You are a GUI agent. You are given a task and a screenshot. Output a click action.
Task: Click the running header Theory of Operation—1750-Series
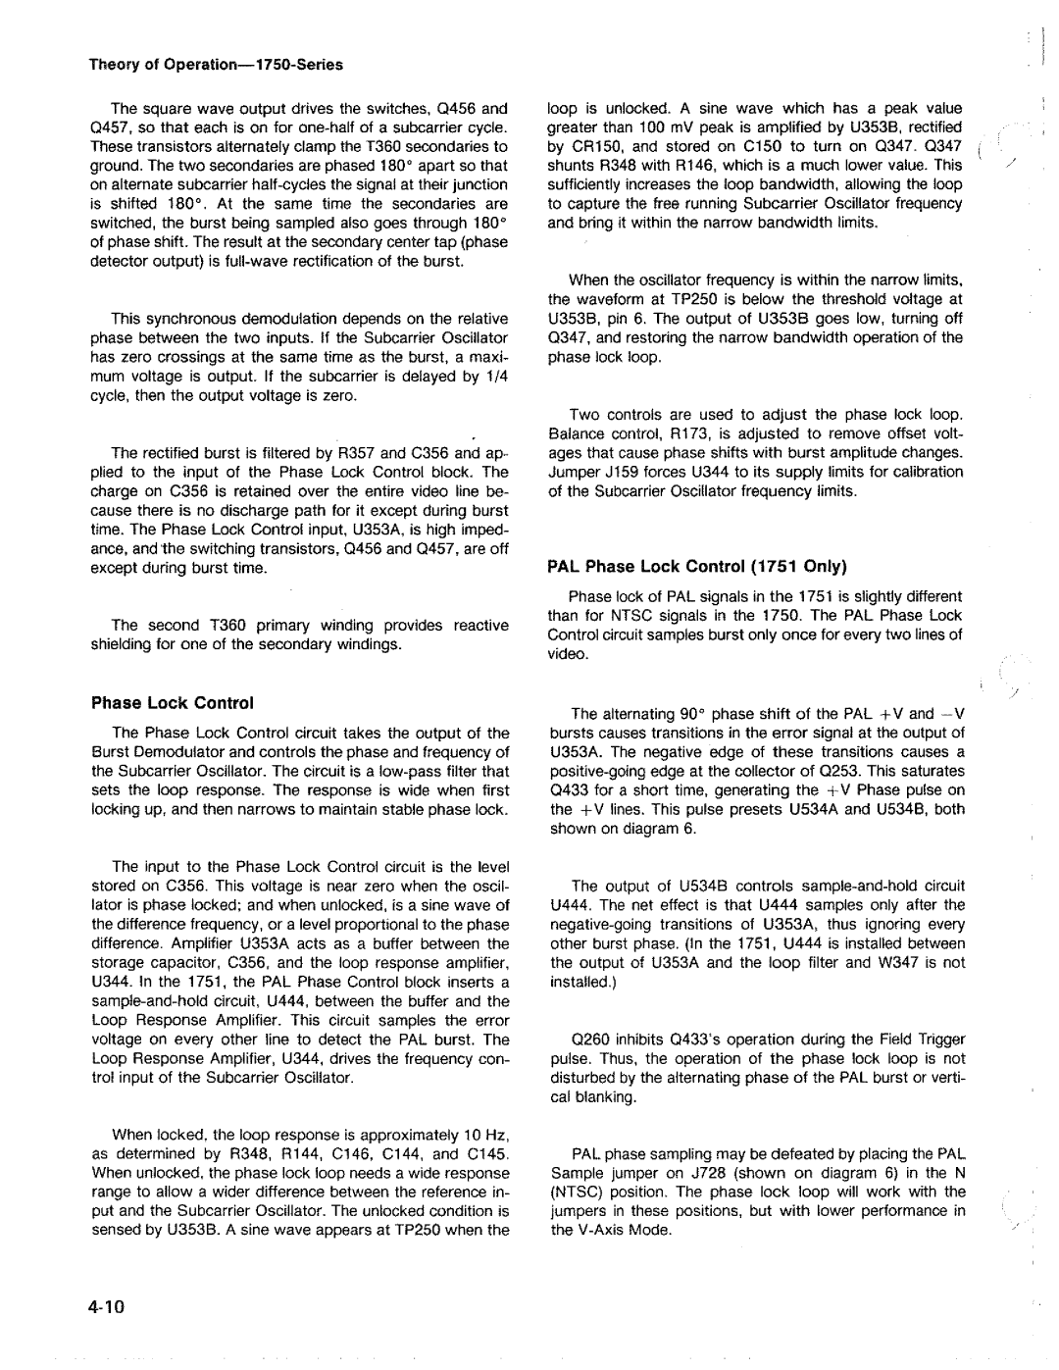(x=217, y=65)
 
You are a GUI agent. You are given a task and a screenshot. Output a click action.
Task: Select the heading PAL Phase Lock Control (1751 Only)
(x=697, y=566)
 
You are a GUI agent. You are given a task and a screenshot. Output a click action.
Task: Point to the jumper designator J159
(x=619, y=472)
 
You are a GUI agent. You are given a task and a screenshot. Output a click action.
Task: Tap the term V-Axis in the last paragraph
(x=595, y=1230)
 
